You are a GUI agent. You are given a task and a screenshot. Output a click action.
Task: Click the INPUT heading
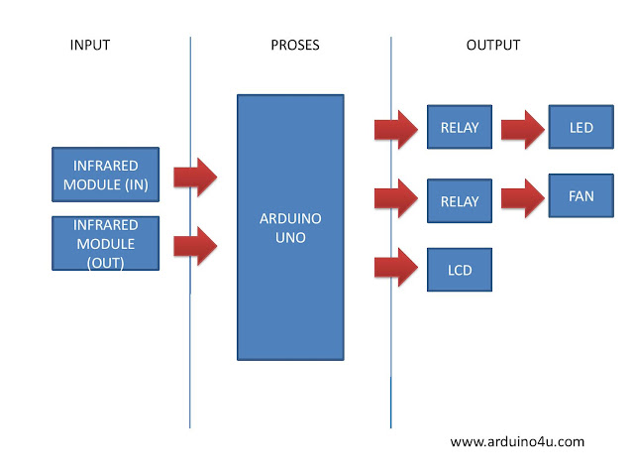coord(90,46)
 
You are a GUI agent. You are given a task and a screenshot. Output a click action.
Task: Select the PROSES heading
coord(295,46)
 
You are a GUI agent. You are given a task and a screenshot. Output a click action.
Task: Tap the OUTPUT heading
coord(492,46)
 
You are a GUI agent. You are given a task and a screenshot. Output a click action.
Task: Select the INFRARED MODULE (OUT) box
coord(106,243)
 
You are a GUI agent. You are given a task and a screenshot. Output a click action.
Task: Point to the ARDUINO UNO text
coord(290,227)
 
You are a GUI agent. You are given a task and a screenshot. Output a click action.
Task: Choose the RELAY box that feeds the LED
coord(459,127)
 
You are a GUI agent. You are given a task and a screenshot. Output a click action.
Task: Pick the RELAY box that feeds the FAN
coord(459,201)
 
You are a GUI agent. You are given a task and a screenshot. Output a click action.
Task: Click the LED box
coord(581,127)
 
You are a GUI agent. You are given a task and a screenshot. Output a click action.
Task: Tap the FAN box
coord(581,195)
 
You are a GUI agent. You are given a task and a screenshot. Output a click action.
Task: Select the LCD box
coord(459,269)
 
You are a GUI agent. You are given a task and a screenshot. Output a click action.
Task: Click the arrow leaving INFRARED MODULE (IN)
coord(195,177)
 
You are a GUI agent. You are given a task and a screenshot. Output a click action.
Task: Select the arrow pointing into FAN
coord(523,195)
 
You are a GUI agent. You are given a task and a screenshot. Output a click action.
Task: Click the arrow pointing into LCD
coord(395,267)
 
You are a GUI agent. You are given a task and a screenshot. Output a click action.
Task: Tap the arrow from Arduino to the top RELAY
coord(395,130)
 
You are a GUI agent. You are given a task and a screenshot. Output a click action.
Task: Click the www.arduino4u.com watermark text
coord(517,441)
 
